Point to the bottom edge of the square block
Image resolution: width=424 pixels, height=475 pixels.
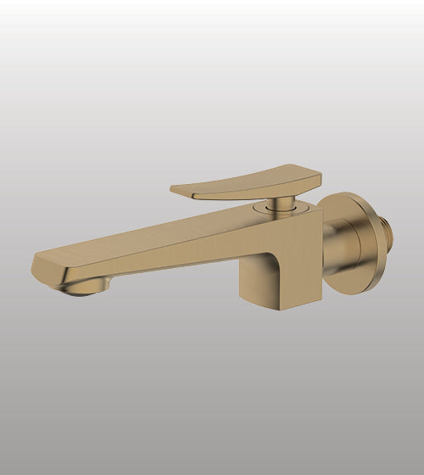click(x=271, y=305)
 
